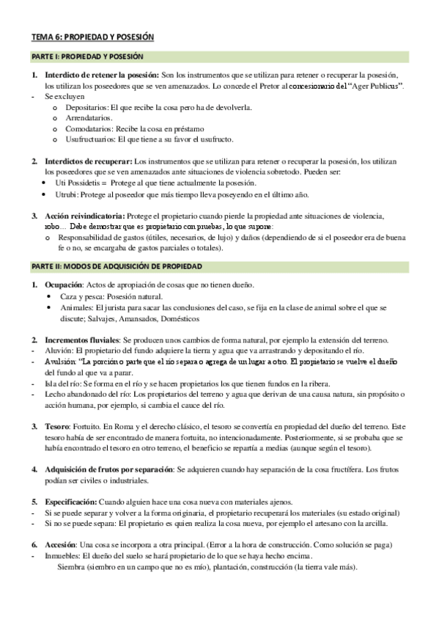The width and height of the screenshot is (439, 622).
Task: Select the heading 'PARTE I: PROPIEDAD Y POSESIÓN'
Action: [86, 56]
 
